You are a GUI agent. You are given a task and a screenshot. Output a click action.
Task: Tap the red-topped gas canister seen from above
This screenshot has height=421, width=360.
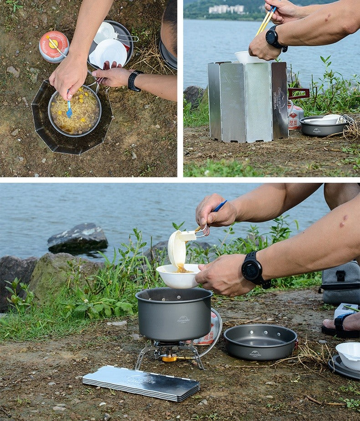(54, 46)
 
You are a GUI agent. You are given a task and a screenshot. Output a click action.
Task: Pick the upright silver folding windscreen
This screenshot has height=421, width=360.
(248, 101)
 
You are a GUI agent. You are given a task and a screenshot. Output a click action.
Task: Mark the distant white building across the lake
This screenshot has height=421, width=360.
(226, 9)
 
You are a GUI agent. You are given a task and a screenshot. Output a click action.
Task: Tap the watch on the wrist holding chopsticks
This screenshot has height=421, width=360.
(274, 38)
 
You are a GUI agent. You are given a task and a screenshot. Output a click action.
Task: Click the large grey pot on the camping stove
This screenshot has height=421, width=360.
(174, 314)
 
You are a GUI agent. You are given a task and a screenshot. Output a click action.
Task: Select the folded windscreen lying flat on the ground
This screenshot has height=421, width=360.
(141, 383)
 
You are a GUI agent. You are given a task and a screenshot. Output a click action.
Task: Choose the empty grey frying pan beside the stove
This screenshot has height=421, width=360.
(260, 341)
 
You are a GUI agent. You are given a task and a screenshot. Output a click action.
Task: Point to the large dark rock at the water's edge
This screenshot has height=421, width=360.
(77, 238)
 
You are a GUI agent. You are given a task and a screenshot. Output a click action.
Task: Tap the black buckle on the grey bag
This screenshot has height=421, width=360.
(340, 276)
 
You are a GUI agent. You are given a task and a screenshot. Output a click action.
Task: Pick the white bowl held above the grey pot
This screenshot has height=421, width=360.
(178, 277)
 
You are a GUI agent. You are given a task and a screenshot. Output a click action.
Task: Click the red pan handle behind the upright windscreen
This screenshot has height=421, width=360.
(298, 93)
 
